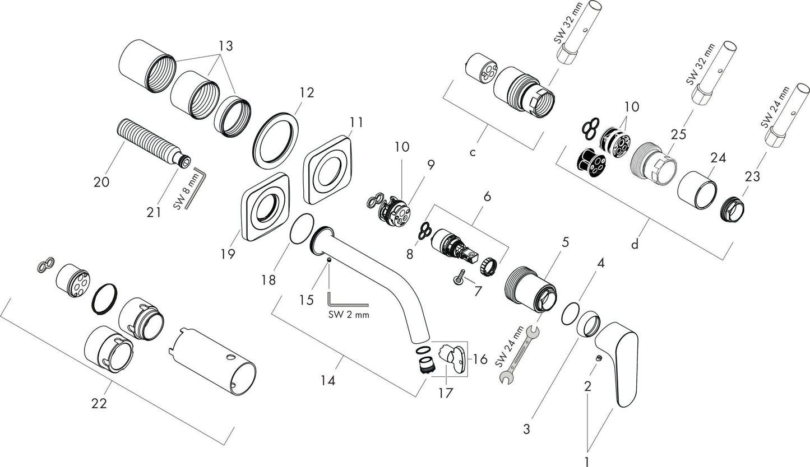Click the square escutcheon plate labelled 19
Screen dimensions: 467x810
tap(267, 208)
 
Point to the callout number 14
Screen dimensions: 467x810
tap(328, 381)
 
